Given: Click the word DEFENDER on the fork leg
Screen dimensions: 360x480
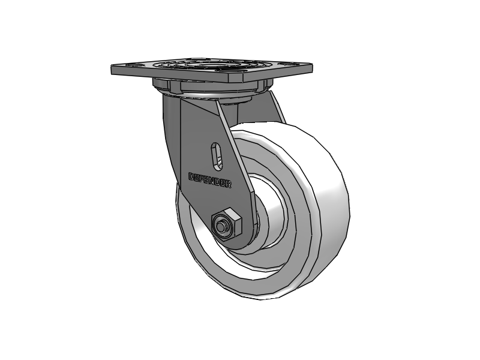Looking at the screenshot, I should point(210,181).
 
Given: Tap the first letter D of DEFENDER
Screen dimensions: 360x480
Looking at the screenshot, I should point(191,176).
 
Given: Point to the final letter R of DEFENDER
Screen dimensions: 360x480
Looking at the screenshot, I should point(229,185).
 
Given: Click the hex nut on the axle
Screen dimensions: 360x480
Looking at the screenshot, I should point(226,224).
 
